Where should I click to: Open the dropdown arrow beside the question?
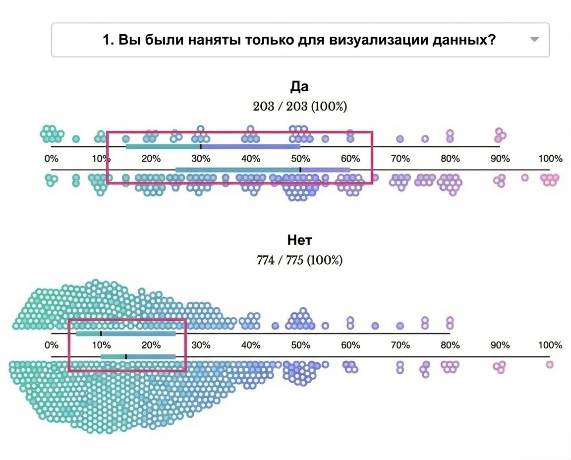click(x=534, y=40)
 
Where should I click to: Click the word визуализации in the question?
click(x=371, y=40)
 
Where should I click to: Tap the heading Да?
click(x=299, y=87)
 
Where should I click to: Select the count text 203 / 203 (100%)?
click(x=299, y=106)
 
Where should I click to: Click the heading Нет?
click(x=299, y=240)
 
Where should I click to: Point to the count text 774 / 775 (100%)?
click(x=299, y=260)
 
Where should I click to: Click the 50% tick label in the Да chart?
click(x=300, y=159)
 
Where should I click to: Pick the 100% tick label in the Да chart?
click(x=550, y=159)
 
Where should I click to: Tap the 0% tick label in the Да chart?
click(x=51, y=159)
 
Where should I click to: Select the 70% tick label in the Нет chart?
click(x=400, y=345)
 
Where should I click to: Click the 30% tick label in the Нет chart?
click(x=201, y=345)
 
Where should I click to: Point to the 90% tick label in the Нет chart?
click(x=500, y=345)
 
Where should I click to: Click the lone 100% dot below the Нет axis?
click(x=550, y=365)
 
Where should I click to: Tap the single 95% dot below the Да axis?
click(x=525, y=177)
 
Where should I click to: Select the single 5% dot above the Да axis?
click(x=76, y=139)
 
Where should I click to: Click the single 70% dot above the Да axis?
click(x=400, y=139)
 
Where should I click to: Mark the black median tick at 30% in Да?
click(x=200, y=147)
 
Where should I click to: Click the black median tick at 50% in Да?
click(x=300, y=170)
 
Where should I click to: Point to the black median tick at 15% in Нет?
click(x=126, y=356)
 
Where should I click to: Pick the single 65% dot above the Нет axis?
click(x=375, y=326)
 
